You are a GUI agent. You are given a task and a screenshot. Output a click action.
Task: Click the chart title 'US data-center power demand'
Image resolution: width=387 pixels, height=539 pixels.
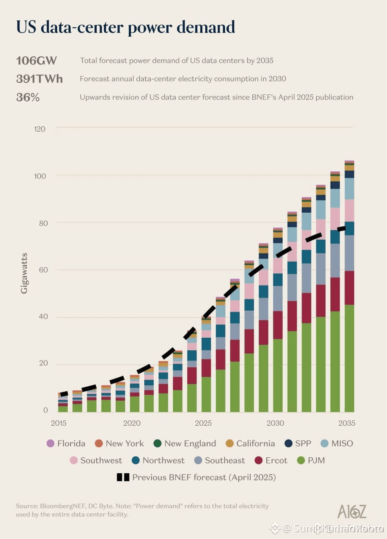click(x=125, y=27)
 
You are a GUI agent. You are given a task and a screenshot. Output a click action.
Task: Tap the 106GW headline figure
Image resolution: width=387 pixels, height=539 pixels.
click(x=36, y=61)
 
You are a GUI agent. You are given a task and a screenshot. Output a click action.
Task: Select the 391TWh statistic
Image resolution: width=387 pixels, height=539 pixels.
click(x=39, y=79)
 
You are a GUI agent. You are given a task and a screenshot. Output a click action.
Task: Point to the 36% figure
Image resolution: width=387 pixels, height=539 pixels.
click(x=28, y=97)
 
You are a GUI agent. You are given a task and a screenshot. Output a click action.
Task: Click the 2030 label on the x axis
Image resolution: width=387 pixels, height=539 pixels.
click(x=275, y=423)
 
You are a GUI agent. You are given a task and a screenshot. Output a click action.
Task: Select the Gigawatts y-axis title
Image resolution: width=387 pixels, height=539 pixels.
click(x=24, y=273)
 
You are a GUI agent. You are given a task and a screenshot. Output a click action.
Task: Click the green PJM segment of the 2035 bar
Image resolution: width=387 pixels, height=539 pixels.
click(x=349, y=358)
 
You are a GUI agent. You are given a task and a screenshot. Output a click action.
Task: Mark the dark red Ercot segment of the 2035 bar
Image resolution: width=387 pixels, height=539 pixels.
click(x=349, y=288)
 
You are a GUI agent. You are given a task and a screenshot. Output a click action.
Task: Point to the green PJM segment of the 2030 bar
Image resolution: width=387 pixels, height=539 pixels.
click(x=278, y=375)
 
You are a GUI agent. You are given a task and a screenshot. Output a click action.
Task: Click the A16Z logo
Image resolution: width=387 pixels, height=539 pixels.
click(x=352, y=511)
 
